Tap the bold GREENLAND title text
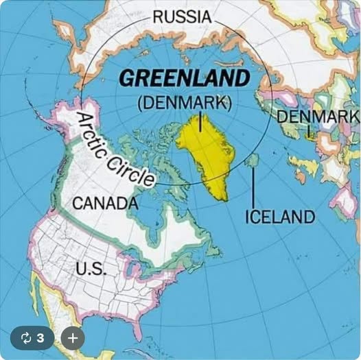(x=185, y=78)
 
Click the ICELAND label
(x=280, y=217)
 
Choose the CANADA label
(x=104, y=203)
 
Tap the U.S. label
(x=90, y=267)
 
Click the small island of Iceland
(x=253, y=160)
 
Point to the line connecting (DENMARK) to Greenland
(x=200, y=123)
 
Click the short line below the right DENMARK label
(x=309, y=130)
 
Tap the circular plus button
(x=73, y=338)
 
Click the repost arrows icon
(x=27, y=338)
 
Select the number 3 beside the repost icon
(x=40, y=338)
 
